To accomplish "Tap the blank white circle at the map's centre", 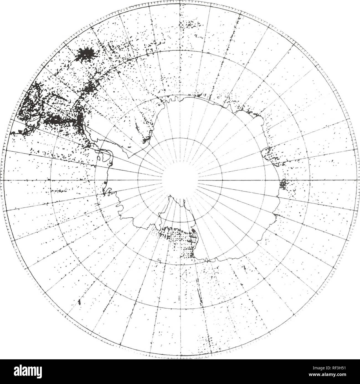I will click(x=180, y=180).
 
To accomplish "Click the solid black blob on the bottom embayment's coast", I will click(x=193, y=230).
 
